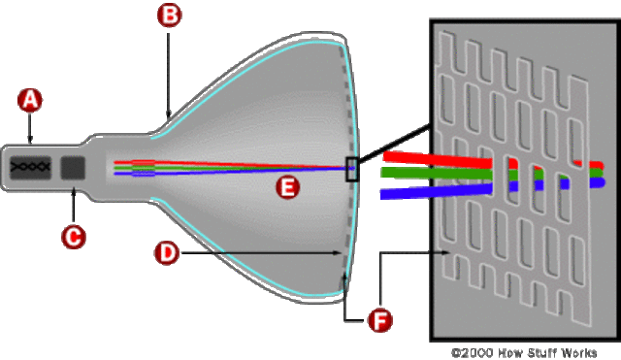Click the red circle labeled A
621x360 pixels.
pyautogui.click(x=31, y=99)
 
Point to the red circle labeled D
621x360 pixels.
pyautogui.click(x=167, y=253)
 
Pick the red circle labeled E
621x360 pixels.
pyautogui.click(x=284, y=187)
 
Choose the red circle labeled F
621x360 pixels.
pyautogui.click(x=382, y=317)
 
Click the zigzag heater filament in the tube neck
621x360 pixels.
pyautogui.click(x=32, y=167)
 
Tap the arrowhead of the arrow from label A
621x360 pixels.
pyautogui.click(x=31, y=143)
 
